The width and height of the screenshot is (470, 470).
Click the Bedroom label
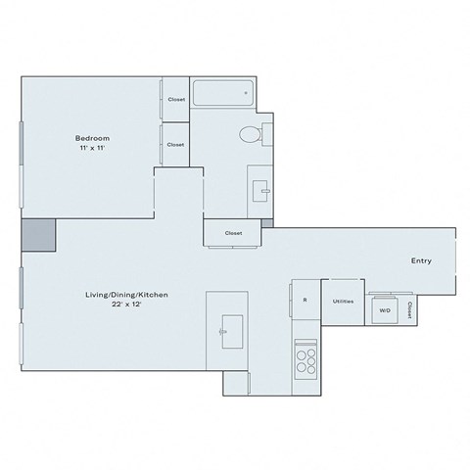pyautogui.click(x=90, y=137)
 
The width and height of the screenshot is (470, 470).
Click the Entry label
pyautogui.click(x=420, y=261)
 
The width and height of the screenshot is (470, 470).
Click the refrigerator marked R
pyautogui.click(x=305, y=300)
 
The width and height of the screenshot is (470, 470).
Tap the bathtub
pyautogui.click(x=222, y=94)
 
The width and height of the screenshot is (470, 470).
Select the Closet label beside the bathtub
pyautogui.click(x=176, y=100)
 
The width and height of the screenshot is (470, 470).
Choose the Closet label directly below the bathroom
pyautogui.click(x=233, y=233)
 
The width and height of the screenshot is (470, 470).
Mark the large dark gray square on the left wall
pyautogui.click(x=39, y=237)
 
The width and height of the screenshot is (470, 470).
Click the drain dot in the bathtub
pyautogui.click(x=243, y=94)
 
